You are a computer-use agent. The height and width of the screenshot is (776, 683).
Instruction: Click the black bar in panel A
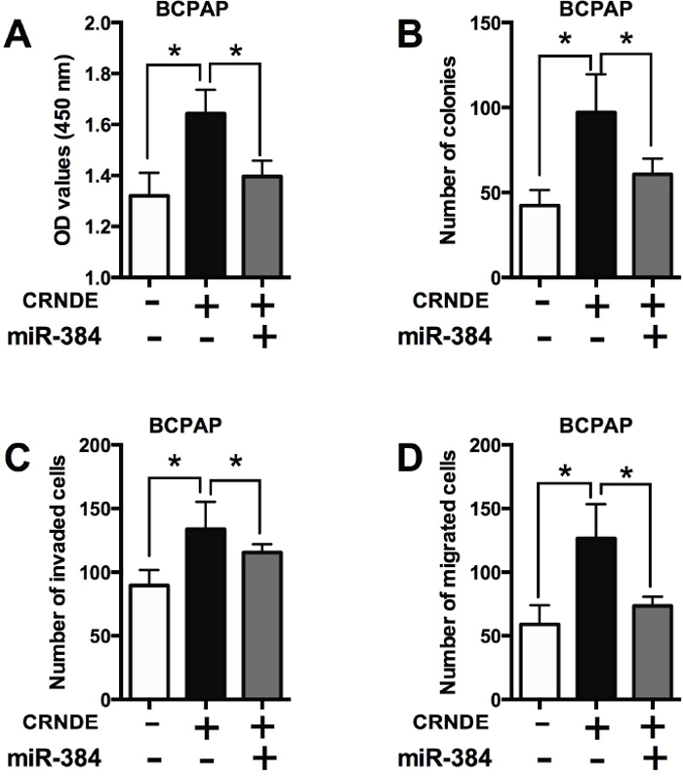pos(206,194)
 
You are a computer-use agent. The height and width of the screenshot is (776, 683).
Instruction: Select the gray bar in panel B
pos(653,225)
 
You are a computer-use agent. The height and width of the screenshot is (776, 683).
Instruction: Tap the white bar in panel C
pos(149,641)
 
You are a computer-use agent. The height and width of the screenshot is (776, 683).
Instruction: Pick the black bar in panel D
pos(596,618)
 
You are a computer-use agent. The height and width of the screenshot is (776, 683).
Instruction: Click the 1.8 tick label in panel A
pos(99,74)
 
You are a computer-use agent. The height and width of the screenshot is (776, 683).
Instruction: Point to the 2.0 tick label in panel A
pos(99,22)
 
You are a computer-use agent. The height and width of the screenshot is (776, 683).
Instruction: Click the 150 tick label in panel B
pos(485,22)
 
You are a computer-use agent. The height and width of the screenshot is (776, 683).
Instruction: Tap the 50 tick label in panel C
pos(100,635)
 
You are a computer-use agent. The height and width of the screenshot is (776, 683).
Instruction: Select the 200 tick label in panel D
pos(485,445)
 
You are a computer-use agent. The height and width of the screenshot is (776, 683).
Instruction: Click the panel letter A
pos(18,36)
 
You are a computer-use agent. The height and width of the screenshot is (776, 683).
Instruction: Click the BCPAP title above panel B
pos(595,9)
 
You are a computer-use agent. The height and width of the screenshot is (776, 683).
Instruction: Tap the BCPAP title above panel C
pos(185,426)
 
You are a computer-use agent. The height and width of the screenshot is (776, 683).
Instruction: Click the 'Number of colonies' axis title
pos(448,150)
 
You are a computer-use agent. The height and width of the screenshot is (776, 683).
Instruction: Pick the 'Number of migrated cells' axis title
pos(448,573)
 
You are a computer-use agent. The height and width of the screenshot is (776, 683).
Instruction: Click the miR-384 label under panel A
pos(54,338)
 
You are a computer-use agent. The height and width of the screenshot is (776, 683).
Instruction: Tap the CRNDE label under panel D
pos(450,723)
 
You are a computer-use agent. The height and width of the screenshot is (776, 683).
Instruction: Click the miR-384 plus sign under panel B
pos(655,338)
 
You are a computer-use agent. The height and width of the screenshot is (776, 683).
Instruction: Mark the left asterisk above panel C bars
pos(175,462)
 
